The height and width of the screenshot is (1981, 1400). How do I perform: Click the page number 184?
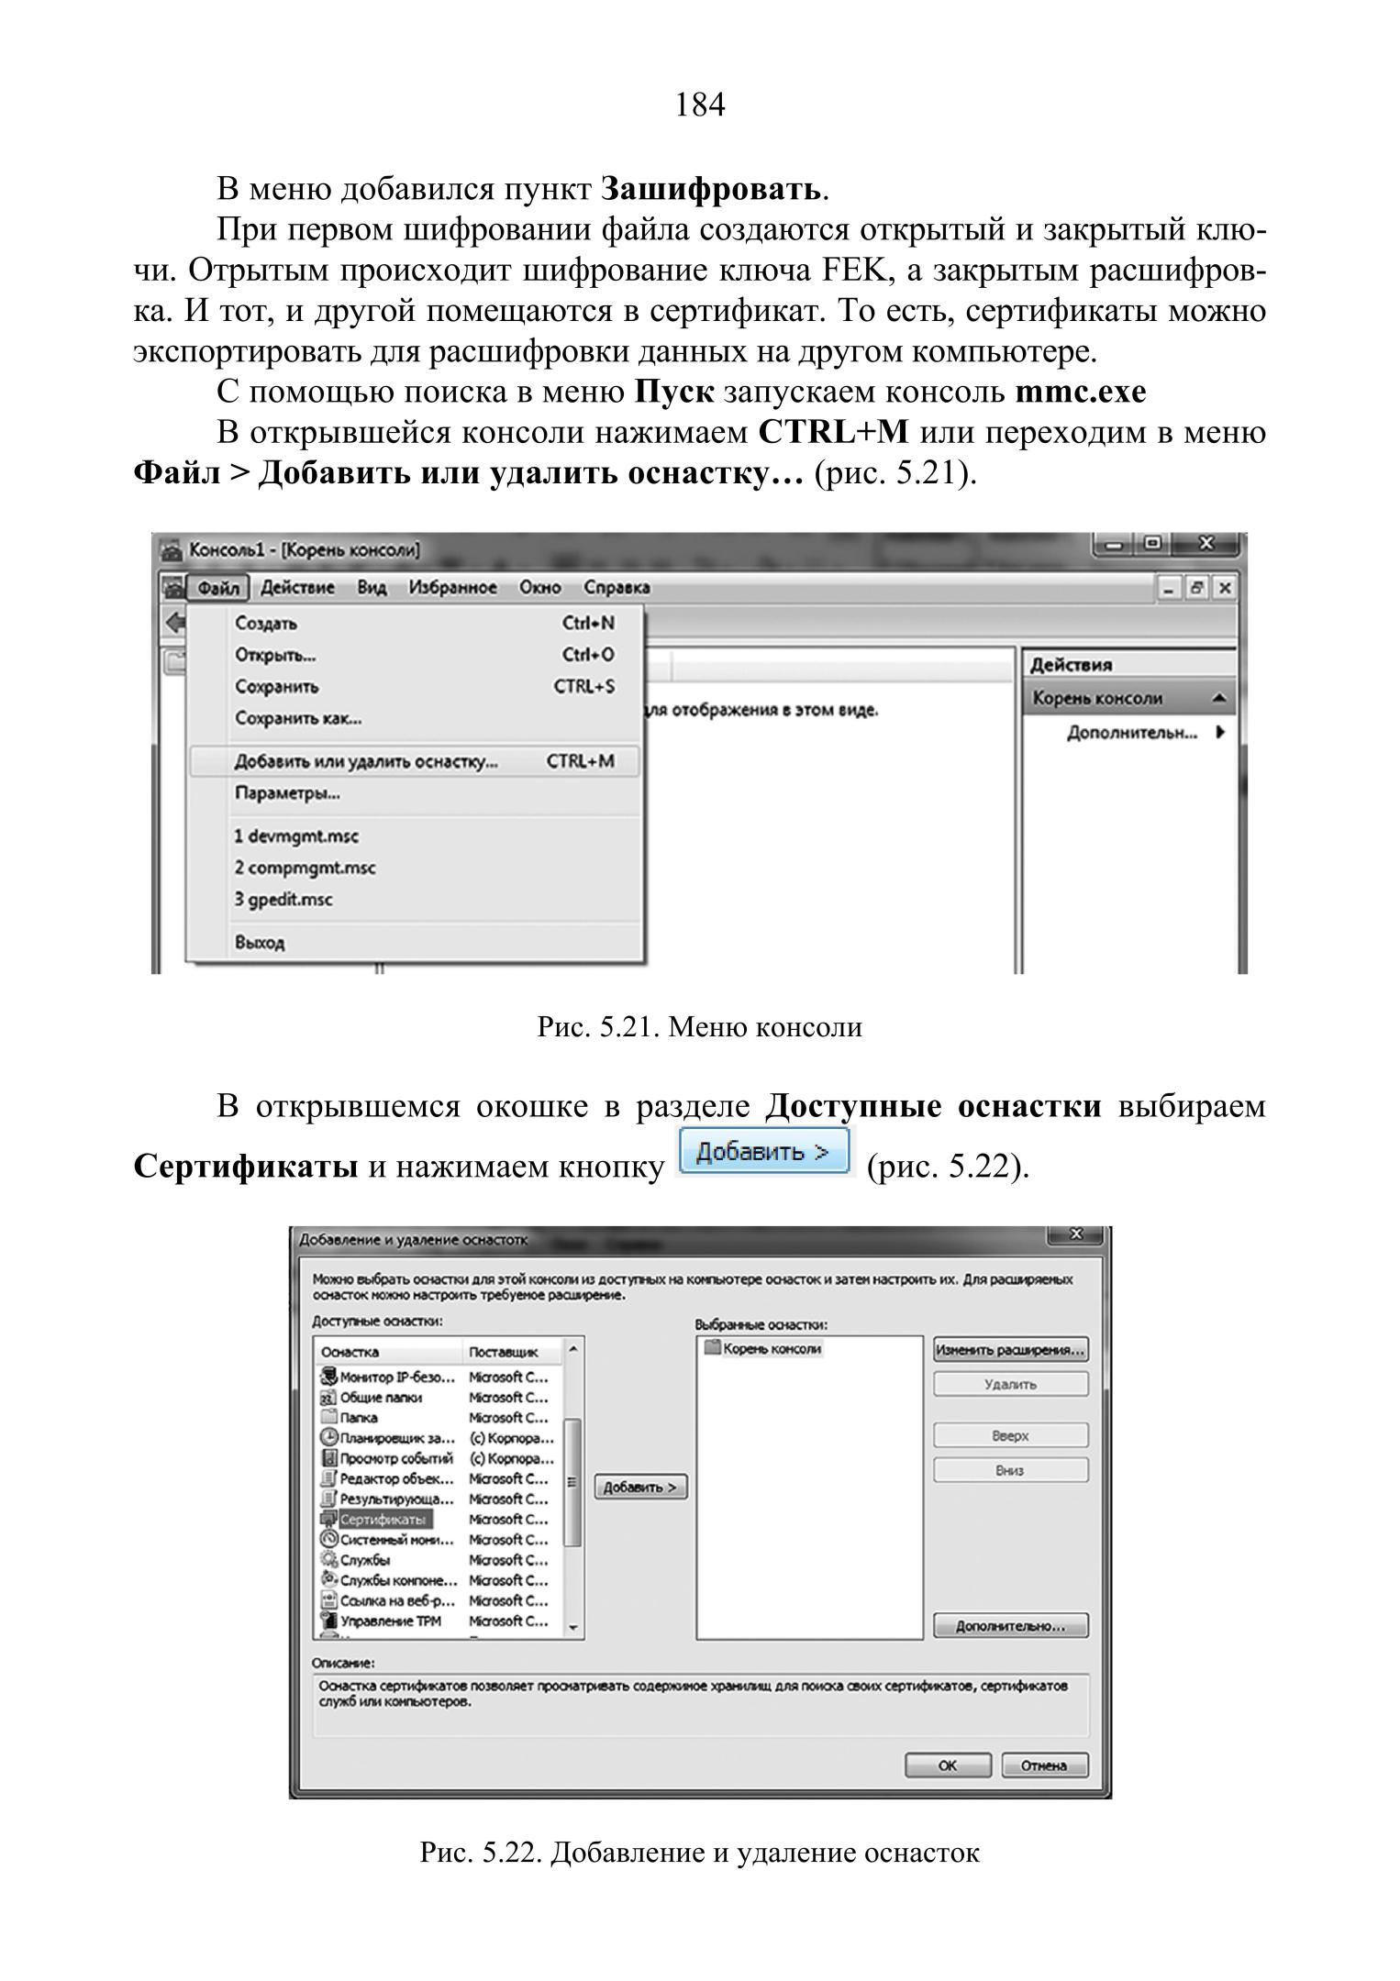pyautogui.click(x=699, y=105)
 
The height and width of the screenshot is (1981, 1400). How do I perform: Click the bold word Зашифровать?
pyautogui.click(x=711, y=189)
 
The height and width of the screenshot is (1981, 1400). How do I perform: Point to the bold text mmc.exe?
pyautogui.click(x=1081, y=392)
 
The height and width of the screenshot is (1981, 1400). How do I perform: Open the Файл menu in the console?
pyautogui.click(x=218, y=588)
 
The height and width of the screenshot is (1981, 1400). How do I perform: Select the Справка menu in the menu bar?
pyautogui.click(x=617, y=588)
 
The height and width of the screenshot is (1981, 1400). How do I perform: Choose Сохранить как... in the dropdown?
pyautogui.click(x=298, y=718)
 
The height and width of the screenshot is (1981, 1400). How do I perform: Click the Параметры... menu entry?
pyautogui.click(x=287, y=793)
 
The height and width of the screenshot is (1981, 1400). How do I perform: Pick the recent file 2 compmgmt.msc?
pyautogui.click(x=305, y=868)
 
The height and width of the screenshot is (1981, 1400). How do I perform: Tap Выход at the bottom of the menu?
pyautogui.click(x=260, y=942)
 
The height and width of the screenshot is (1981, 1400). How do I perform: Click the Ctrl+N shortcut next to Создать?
pyautogui.click(x=588, y=624)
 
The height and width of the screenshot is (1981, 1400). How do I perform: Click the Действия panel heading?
pyautogui.click(x=1071, y=665)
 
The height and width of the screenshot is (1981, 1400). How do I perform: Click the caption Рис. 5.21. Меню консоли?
pyautogui.click(x=699, y=1027)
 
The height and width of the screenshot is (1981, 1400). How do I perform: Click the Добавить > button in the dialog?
pyautogui.click(x=640, y=1488)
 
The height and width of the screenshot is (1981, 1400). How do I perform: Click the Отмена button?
pyautogui.click(x=1044, y=1765)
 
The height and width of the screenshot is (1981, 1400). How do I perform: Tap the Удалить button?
pyautogui.click(x=1010, y=1385)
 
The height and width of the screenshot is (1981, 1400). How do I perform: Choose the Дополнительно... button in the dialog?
pyautogui.click(x=1010, y=1626)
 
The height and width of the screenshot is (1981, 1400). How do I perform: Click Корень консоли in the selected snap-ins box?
pyautogui.click(x=772, y=1349)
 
